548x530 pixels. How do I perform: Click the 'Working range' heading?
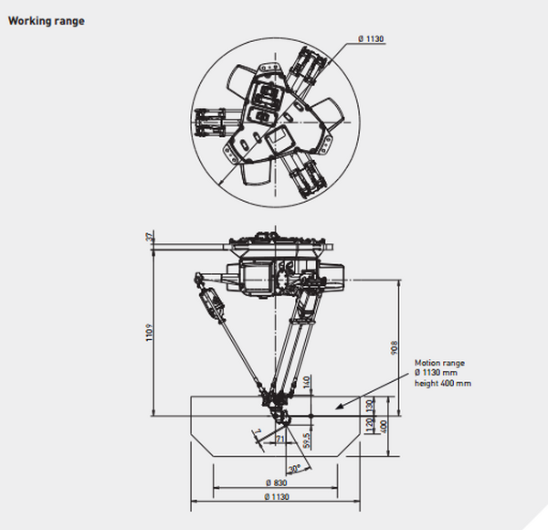[47, 21]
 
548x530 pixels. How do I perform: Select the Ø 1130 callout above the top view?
[371, 38]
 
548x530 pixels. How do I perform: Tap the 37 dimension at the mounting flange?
[150, 237]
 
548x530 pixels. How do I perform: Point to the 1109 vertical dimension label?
[150, 333]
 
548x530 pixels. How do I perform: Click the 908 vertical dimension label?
[395, 348]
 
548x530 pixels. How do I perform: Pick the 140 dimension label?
[307, 382]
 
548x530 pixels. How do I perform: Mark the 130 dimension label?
[369, 406]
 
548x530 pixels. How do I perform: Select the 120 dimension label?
[369, 424]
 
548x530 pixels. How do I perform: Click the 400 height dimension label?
[384, 426]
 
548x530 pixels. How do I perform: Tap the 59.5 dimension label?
[307, 440]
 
